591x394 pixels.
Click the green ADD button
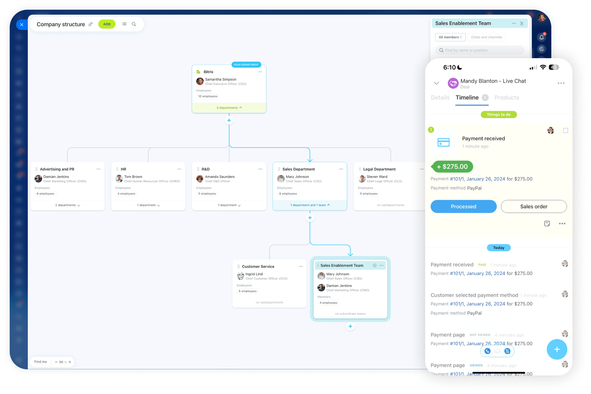(107, 24)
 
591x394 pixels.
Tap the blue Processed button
(463, 206)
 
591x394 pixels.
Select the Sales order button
(534, 206)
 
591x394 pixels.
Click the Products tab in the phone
(506, 97)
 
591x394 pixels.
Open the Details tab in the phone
(440, 97)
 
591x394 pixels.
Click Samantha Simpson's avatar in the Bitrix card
(200, 81)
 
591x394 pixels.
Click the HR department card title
(123, 169)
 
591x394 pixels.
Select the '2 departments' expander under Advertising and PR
(67, 205)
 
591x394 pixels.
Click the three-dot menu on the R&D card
(260, 169)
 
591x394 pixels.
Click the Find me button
(41, 362)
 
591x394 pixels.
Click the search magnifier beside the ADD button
(134, 24)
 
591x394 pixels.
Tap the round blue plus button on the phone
(557, 349)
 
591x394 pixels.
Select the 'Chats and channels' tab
(486, 37)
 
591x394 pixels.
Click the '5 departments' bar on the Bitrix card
(229, 108)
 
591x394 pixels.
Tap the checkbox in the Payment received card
(566, 130)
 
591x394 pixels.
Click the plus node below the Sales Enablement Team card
(350, 327)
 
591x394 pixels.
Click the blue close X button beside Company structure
(22, 25)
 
